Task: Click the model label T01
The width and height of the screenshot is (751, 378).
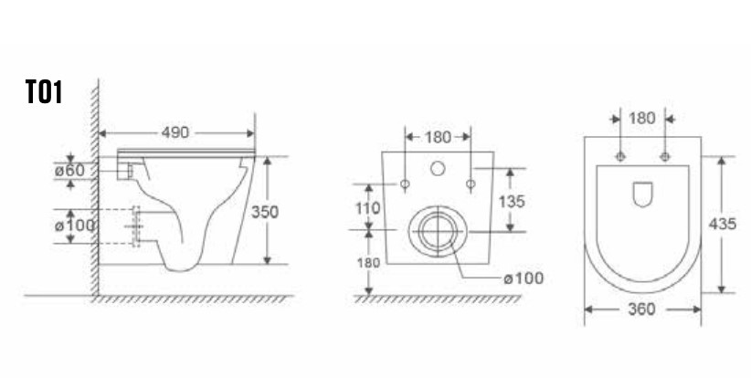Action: click(44, 92)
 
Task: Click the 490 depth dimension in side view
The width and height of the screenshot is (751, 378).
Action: click(175, 132)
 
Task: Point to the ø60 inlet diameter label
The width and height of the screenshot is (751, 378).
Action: click(70, 170)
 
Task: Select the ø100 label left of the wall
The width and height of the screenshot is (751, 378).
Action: click(75, 225)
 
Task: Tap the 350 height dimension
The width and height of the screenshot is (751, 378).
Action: click(265, 212)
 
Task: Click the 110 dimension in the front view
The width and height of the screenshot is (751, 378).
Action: click(368, 208)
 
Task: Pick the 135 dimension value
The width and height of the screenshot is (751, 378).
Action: click(512, 202)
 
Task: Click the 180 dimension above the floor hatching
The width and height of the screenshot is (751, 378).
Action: click(368, 263)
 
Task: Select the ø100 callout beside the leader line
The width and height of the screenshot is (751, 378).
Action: click(524, 278)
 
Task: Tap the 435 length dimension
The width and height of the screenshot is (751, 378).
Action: click(723, 224)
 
